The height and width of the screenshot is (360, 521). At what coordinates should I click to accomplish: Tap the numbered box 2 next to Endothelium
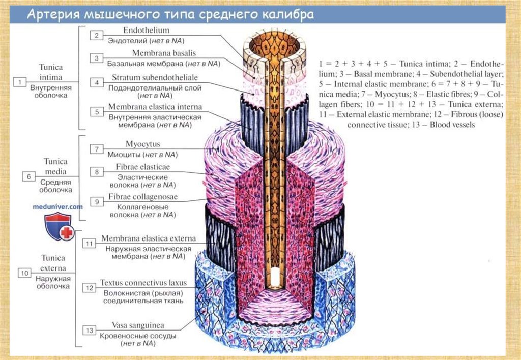pos(96,35)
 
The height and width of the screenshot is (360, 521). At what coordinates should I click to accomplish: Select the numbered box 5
pos(96,111)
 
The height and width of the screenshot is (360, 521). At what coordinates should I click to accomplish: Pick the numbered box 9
pos(96,201)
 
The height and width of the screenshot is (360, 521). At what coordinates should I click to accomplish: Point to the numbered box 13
pos(90,331)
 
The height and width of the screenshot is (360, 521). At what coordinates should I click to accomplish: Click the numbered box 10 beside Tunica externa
pos(24,273)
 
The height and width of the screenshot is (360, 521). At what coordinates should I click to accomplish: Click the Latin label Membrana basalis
pos(164,53)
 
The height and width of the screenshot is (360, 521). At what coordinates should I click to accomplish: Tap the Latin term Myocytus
pos(143,144)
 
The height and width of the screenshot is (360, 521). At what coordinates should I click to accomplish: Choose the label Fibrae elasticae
pos(143,166)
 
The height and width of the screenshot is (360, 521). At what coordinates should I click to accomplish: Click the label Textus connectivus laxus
pos(143,283)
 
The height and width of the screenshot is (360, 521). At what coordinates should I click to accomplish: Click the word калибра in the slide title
pos(286,15)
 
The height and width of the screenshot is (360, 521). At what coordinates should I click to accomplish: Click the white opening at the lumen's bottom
pos(275,277)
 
